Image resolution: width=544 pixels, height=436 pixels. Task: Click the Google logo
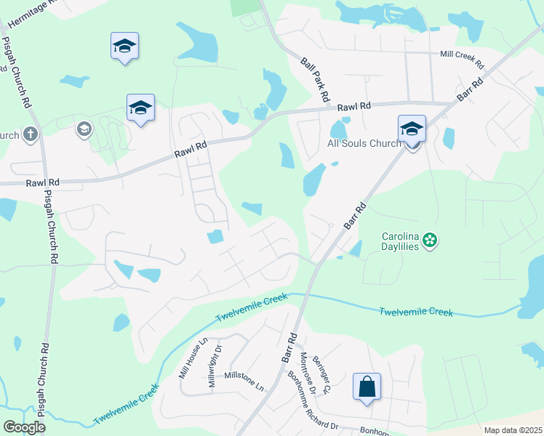[x=25, y=427]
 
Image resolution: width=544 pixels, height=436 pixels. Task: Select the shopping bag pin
[x=367, y=387]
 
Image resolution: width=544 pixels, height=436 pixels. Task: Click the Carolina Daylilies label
[x=401, y=241]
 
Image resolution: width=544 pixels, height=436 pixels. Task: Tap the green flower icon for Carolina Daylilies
[x=430, y=239]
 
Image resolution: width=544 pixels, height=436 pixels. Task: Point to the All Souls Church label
[x=364, y=143]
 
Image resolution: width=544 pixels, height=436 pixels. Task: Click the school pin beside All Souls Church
[x=412, y=130]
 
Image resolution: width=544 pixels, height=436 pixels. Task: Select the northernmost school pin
[x=125, y=47]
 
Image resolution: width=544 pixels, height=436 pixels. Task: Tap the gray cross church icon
[x=30, y=134]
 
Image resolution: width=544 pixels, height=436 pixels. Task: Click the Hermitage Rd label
[x=29, y=12]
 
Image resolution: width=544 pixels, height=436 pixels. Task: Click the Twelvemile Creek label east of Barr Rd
[x=415, y=312]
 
